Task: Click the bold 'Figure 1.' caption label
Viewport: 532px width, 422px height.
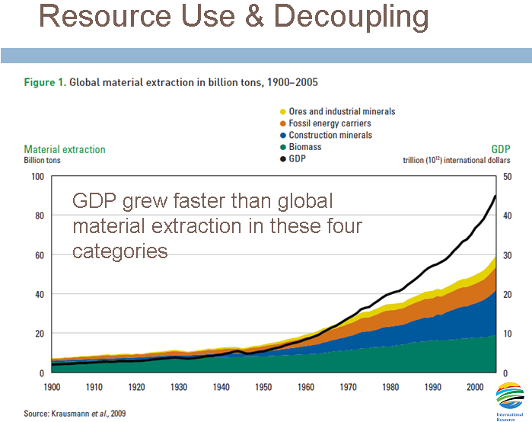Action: coord(44,79)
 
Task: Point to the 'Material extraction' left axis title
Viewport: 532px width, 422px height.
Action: coord(65,150)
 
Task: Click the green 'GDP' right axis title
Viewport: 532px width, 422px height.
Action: coord(499,151)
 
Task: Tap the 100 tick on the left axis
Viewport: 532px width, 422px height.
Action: coord(35,177)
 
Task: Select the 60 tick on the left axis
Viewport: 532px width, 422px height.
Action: coord(37,255)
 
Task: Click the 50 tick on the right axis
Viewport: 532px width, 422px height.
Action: coord(508,177)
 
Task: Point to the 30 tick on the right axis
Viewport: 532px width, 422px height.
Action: coord(508,255)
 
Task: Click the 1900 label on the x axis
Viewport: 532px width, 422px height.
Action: coord(52,386)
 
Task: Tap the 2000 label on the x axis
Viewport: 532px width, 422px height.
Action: coord(475,386)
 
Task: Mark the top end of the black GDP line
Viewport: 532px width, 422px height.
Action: coord(495,196)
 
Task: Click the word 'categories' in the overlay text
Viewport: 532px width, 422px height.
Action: coord(119,251)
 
